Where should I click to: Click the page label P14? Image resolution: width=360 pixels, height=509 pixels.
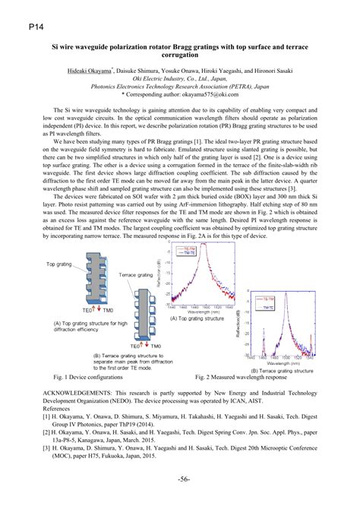click(17, 26)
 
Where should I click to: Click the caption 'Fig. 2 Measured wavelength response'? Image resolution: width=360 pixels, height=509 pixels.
click(241, 376)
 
